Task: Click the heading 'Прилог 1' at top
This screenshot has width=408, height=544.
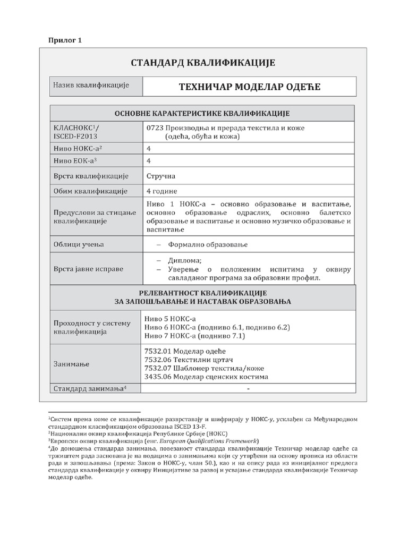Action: pos(65,40)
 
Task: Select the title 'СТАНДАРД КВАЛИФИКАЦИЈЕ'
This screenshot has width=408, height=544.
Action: pos(203,63)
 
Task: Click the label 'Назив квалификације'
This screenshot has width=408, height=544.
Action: pos(88,86)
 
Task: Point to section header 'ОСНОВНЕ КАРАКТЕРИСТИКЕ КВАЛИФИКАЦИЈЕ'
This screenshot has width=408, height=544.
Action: pos(202,114)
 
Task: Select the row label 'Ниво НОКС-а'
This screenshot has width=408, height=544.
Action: pos(77,148)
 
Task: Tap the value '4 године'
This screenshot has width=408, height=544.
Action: pos(161,191)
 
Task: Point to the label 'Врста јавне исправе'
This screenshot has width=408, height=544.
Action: pos(88,269)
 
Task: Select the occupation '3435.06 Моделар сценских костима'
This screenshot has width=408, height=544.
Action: pos(206,377)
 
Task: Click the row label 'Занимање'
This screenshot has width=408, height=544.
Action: pos(71,364)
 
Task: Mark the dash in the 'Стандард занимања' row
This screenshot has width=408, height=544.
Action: pos(248,389)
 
